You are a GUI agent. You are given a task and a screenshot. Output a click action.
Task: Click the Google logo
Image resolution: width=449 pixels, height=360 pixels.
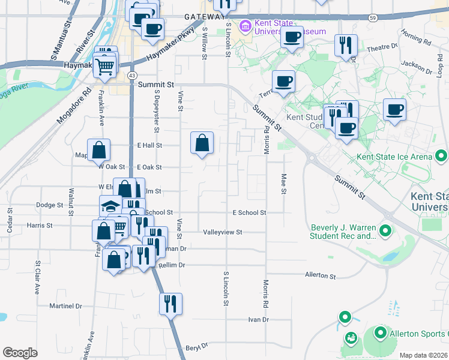pyautogui.click(x=20, y=353)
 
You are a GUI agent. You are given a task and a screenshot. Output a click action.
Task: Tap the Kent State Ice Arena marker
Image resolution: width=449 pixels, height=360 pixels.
pyautogui.click(x=442, y=157)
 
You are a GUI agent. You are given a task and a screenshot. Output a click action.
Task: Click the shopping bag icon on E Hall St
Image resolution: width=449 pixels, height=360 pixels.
pyautogui.click(x=202, y=143)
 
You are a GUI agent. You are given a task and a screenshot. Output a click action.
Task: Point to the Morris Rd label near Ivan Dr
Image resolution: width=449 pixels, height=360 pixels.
pyautogui.click(x=265, y=292)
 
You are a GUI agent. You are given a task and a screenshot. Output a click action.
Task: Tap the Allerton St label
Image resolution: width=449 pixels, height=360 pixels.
pyautogui.click(x=321, y=275)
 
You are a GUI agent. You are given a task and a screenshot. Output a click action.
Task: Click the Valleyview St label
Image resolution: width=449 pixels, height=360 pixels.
pyautogui.click(x=222, y=232)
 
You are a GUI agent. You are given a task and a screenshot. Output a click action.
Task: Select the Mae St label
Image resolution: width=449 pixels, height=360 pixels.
pyautogui.click(x=283, y=184)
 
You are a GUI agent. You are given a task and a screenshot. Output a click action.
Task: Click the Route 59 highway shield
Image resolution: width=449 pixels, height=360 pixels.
pyautogui.click(x=373, y=18)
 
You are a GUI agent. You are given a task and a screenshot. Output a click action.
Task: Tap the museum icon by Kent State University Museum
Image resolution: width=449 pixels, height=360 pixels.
pyautogui.click(x=245, y=26)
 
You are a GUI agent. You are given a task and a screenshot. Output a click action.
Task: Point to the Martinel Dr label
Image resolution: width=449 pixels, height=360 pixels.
pyautogui.click(x=65, y=305)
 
